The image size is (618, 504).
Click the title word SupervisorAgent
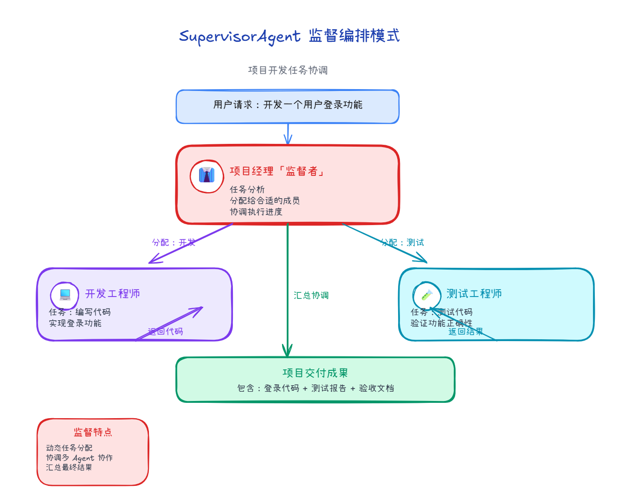(239, 36)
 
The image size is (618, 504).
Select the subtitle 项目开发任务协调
(288, 70)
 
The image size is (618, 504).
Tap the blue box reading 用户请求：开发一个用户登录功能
(288, 106)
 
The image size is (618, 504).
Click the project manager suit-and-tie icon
(207, 175)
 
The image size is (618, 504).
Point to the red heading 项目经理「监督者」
(277, 171)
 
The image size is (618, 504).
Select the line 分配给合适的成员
(264, 200)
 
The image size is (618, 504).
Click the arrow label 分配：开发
(174, 242)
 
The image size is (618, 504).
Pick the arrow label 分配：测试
(402, 242)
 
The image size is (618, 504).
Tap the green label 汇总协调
(311, 295)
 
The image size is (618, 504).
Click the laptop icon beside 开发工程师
(65, 294)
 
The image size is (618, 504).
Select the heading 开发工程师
(112, 294)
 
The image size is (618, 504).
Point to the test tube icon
(427, 295)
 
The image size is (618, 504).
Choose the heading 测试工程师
(474, 294)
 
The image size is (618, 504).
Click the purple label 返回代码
(165, 331)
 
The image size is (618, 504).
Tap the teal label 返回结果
(465, 331)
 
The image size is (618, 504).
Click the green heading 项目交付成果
(315, 373)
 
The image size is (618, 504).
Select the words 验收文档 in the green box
(376, 388)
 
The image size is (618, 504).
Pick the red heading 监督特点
(93, 432)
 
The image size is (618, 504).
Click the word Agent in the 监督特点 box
(83, 458)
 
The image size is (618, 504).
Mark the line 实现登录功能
(75, 323)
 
